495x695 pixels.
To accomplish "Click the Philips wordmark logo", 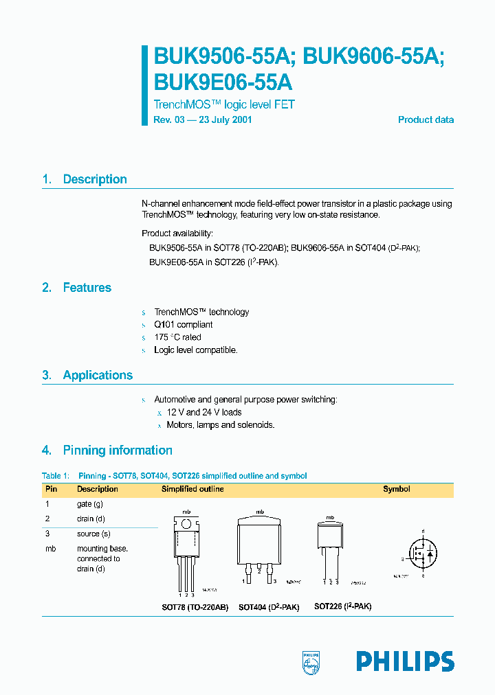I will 405,661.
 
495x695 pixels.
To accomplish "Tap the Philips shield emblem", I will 311,662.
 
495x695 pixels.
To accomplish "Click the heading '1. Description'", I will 85,179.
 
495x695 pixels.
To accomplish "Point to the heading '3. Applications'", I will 87,375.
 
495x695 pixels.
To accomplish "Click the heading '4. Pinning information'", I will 107,451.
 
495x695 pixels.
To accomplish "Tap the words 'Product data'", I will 426,119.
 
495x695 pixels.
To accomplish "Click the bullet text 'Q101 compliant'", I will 183,325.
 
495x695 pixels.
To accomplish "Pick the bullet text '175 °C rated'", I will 177,337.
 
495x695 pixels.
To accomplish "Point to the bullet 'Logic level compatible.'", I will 195,350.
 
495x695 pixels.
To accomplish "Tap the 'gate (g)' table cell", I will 90,504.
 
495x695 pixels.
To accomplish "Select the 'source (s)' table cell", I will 93,534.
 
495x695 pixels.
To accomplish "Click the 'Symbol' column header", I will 396,490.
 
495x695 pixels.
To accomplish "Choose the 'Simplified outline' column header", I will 192,490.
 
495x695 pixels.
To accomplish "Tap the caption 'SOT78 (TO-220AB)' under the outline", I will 195,607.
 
